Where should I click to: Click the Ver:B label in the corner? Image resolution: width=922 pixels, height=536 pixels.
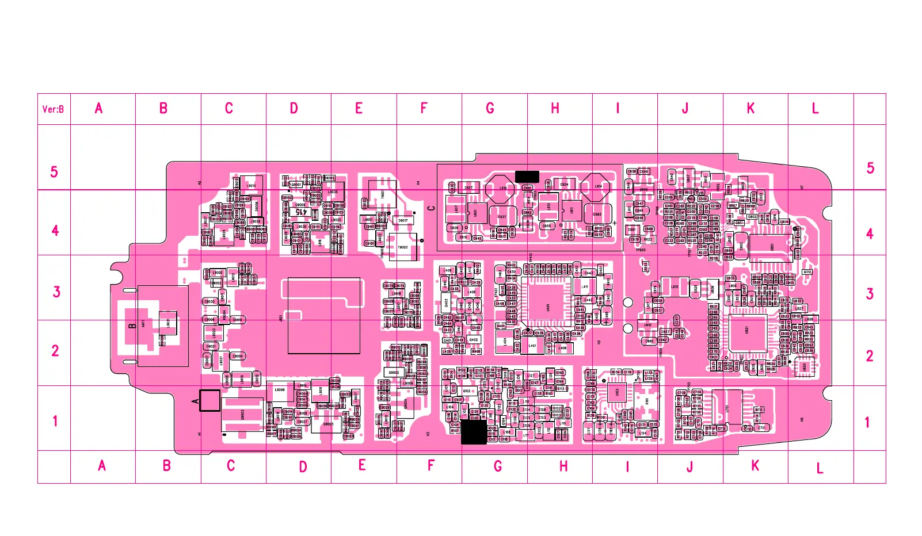coord(53,109)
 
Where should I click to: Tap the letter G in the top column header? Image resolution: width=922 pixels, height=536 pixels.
coord(490,108)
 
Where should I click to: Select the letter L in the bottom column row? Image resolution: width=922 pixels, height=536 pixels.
coord(820,469)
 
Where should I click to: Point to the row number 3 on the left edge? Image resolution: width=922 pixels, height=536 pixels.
coord(56,292)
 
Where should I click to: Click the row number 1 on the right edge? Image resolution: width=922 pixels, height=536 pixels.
coord(867,423)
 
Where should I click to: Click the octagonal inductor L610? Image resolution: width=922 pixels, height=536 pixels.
coord(500,189)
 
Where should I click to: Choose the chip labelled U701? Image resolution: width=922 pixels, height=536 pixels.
coord(727,408)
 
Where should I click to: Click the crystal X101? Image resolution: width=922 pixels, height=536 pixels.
coord(647,401)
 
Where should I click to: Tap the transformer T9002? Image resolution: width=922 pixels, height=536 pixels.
coord(403,247)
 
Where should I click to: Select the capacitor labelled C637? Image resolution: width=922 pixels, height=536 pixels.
coord(502,216)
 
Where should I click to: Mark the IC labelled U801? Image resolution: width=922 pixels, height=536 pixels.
coord(771,247)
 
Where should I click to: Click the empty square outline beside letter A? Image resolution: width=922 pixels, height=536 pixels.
coord(209,400)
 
